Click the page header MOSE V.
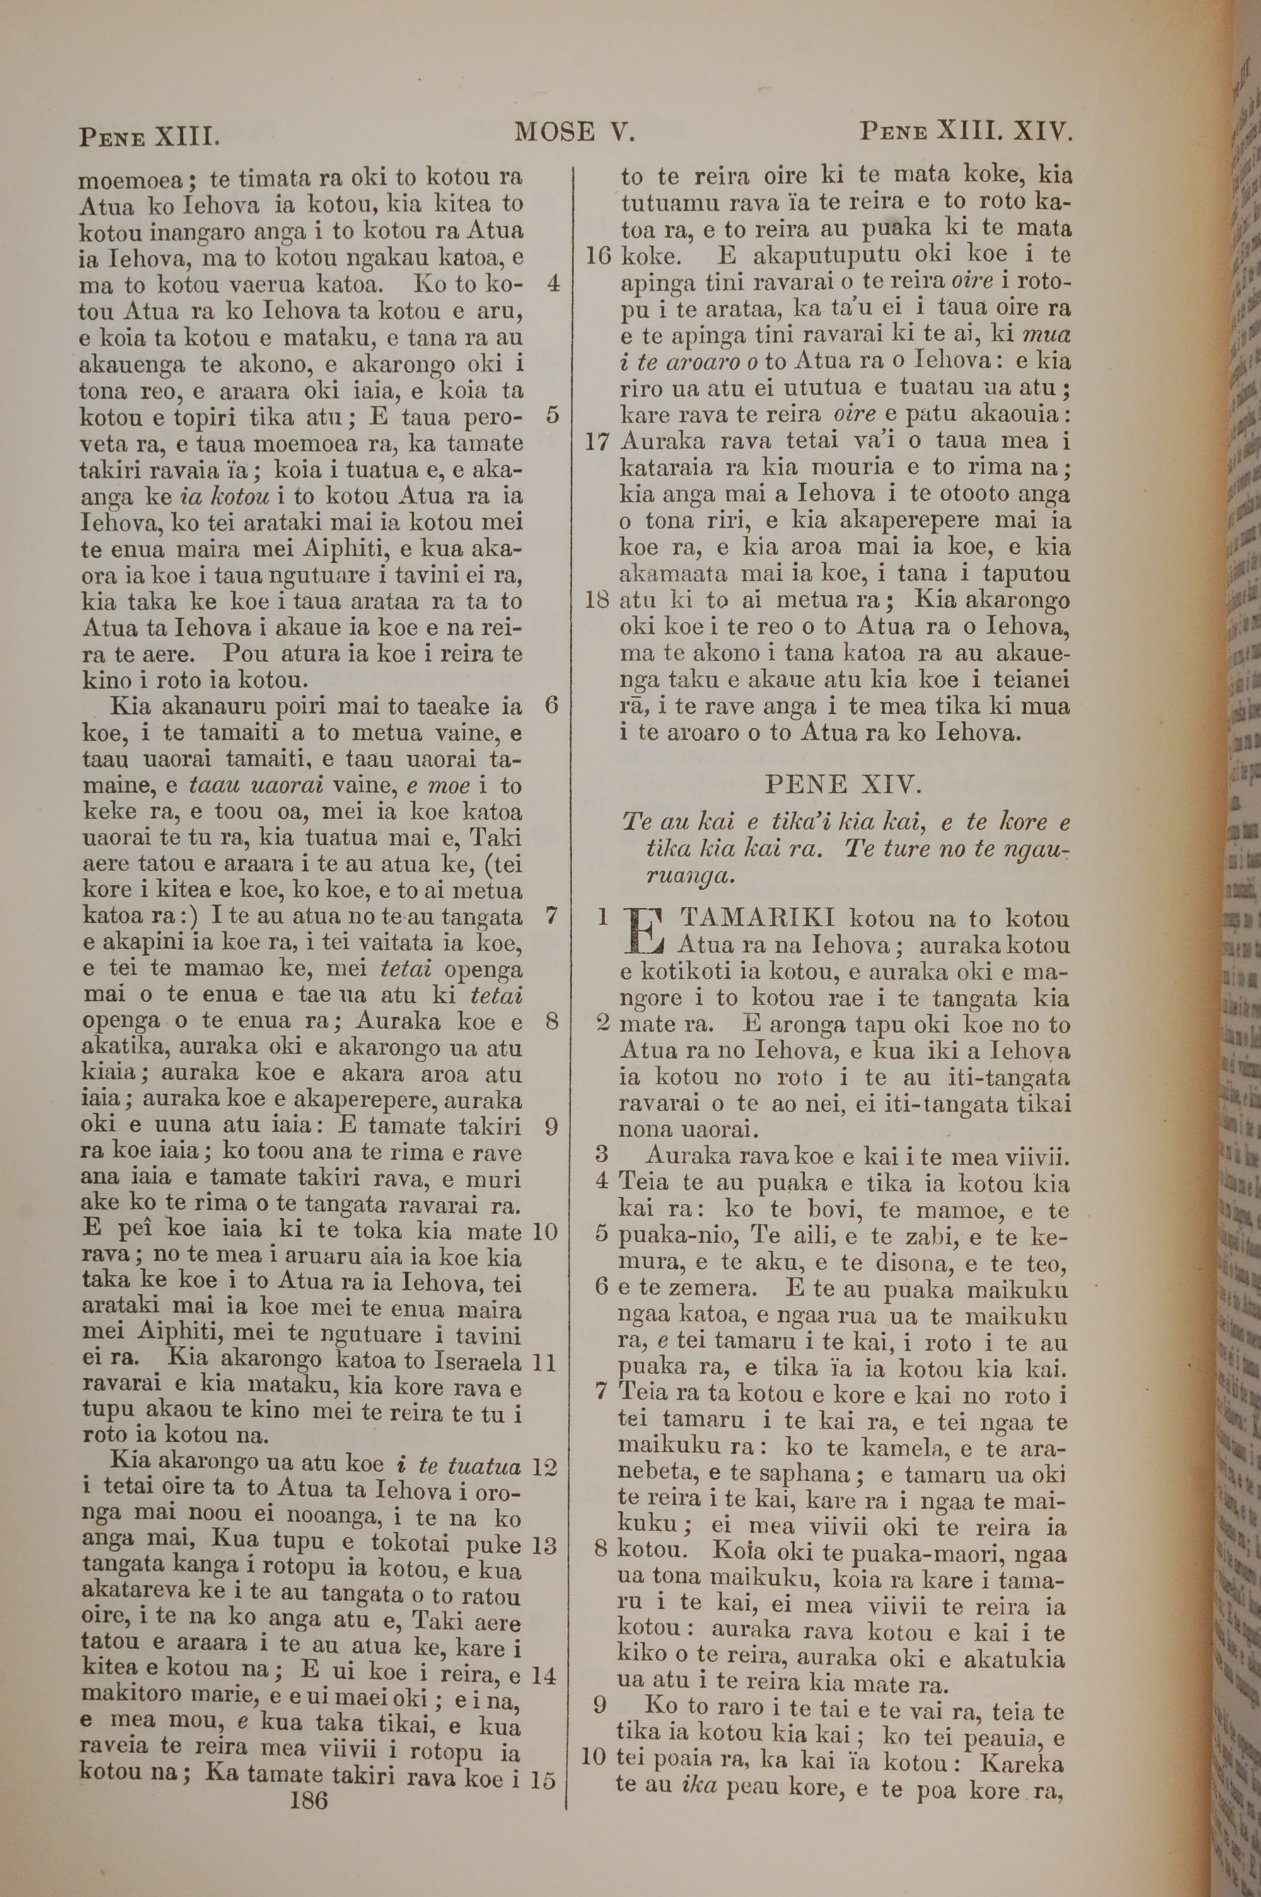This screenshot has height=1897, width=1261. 575,131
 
